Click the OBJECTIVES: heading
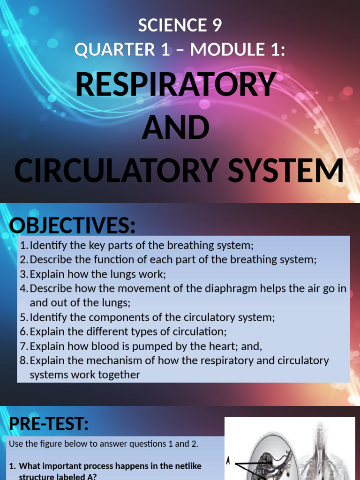[x=72, y=226]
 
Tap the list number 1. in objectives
[x=24, y=245]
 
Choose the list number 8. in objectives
[x=24, y=360]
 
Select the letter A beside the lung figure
[x=228, y=461]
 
